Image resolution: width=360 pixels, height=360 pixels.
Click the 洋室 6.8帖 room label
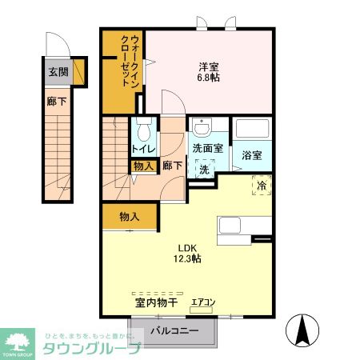210,71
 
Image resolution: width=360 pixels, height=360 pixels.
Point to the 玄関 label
58,73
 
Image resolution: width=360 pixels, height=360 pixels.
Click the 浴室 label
252,155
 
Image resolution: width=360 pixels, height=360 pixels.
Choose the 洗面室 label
206,149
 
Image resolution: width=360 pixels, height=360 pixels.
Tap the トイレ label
143,149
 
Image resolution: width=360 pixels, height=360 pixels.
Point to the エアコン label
202,302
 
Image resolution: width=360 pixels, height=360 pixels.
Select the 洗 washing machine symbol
204,170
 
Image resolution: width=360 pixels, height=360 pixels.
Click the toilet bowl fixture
145,129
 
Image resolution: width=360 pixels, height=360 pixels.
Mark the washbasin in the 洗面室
202,128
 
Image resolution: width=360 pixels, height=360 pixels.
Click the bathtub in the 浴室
252,130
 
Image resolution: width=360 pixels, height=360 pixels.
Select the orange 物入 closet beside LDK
130,216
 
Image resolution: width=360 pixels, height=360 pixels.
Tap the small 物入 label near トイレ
143,166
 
